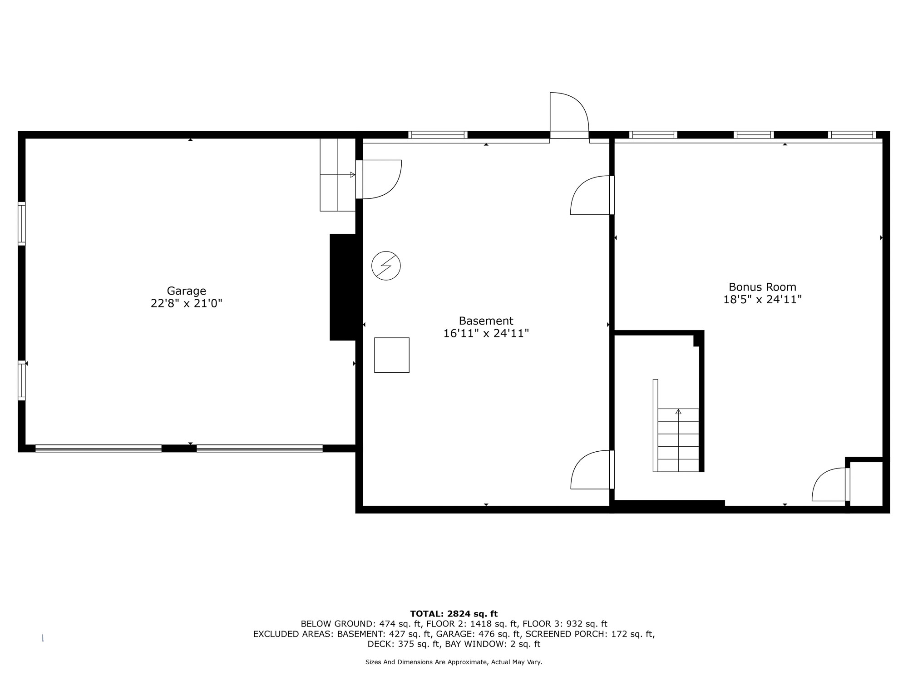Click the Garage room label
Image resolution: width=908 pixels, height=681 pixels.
[x=186, y=291]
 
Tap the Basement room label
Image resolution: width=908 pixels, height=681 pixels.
[x=486, y=321]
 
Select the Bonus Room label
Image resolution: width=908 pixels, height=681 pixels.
[x=762, y=287]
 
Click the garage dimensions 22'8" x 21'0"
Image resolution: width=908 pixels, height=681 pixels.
[x=186, y=303]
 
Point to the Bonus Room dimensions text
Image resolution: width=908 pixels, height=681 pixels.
[x=762, y=300]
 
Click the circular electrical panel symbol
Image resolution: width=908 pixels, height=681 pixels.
[x=386, y=266]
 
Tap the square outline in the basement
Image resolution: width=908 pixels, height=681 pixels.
[x=392, y=355]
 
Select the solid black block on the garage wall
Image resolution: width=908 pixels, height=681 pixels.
[x=343, y=287]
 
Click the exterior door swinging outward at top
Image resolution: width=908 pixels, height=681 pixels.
[x=569, y=115]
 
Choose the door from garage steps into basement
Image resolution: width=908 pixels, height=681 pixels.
[x=379, y=179]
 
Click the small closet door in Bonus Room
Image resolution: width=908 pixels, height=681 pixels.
[x=830, y=484]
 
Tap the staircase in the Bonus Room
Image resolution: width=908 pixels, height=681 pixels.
[x=678, y=439]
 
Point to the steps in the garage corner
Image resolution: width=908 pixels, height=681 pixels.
[x=337, y=175]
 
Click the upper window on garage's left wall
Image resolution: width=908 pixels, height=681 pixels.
[x=21, y=223]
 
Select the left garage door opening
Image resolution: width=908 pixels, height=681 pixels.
[x=99, y=448]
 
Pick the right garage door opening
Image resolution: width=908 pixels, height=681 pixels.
[x=260, y=448]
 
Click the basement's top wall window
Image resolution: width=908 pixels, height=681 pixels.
[x=438, y=134]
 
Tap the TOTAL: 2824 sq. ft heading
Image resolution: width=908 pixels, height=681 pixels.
[x=454, y=614]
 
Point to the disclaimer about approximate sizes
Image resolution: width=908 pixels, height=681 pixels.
[x=454, y=662]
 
